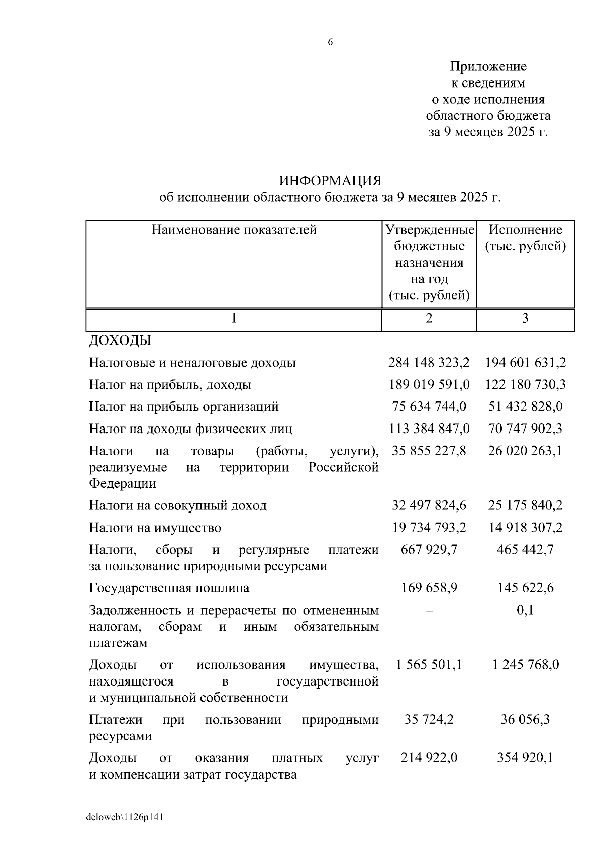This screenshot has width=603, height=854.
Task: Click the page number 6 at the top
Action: point(330,42)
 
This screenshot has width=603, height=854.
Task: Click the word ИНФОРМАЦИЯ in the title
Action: point(330,180)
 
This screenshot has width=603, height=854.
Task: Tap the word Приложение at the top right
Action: point(488,66)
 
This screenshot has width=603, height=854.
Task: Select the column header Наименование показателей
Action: point(234,230)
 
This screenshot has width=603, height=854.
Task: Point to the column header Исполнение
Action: point(525,230)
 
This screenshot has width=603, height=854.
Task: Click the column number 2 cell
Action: point(429,318)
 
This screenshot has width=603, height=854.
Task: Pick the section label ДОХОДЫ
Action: point(120,340)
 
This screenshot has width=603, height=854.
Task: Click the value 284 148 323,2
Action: point(429,362)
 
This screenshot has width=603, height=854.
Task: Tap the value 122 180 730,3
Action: point(525,384)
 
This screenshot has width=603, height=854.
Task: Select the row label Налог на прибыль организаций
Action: point(184,406)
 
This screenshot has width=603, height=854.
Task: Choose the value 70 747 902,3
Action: point(525,429)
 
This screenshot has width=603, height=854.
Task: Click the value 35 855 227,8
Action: point(429,451)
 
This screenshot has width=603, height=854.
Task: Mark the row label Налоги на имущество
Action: point(155,528)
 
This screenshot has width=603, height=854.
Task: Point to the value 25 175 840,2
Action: point(525,505)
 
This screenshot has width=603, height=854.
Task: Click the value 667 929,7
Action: point(429,549)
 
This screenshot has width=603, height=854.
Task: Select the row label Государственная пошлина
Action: point(169,588)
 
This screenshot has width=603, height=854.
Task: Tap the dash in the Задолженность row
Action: point(429,610)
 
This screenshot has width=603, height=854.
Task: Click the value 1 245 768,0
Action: point(525,665)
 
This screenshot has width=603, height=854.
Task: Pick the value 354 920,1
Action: point(525,757)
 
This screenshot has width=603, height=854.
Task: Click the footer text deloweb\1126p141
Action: point(125,817)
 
